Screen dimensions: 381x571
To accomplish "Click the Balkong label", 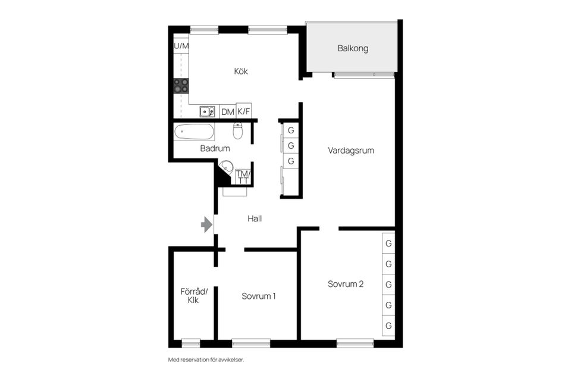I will pos(353,48).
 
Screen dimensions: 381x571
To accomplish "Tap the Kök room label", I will pos(241,71).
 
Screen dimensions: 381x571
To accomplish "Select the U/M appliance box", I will pos(181,46).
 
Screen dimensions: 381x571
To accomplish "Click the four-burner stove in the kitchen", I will pos(181,86).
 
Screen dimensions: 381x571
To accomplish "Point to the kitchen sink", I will pos(206,111).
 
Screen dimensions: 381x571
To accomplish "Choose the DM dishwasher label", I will pos(227,112).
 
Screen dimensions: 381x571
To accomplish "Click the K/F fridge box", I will pos(244,111).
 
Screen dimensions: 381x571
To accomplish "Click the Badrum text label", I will pos(215,149).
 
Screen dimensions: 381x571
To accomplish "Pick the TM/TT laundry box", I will pos(243,177).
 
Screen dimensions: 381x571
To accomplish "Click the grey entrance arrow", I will pos(206,224).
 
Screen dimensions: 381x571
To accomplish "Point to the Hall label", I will pos(255,218).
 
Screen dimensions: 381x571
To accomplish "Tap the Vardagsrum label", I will pos(351,151).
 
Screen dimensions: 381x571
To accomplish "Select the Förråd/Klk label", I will pos(194,296).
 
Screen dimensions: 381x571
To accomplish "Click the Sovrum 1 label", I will pos(258,296).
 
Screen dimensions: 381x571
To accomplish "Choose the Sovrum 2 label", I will pos(346,284).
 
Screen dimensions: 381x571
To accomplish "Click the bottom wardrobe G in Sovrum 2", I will pos(388,326).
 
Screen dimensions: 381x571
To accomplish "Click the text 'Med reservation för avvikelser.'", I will pos(206,360).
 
